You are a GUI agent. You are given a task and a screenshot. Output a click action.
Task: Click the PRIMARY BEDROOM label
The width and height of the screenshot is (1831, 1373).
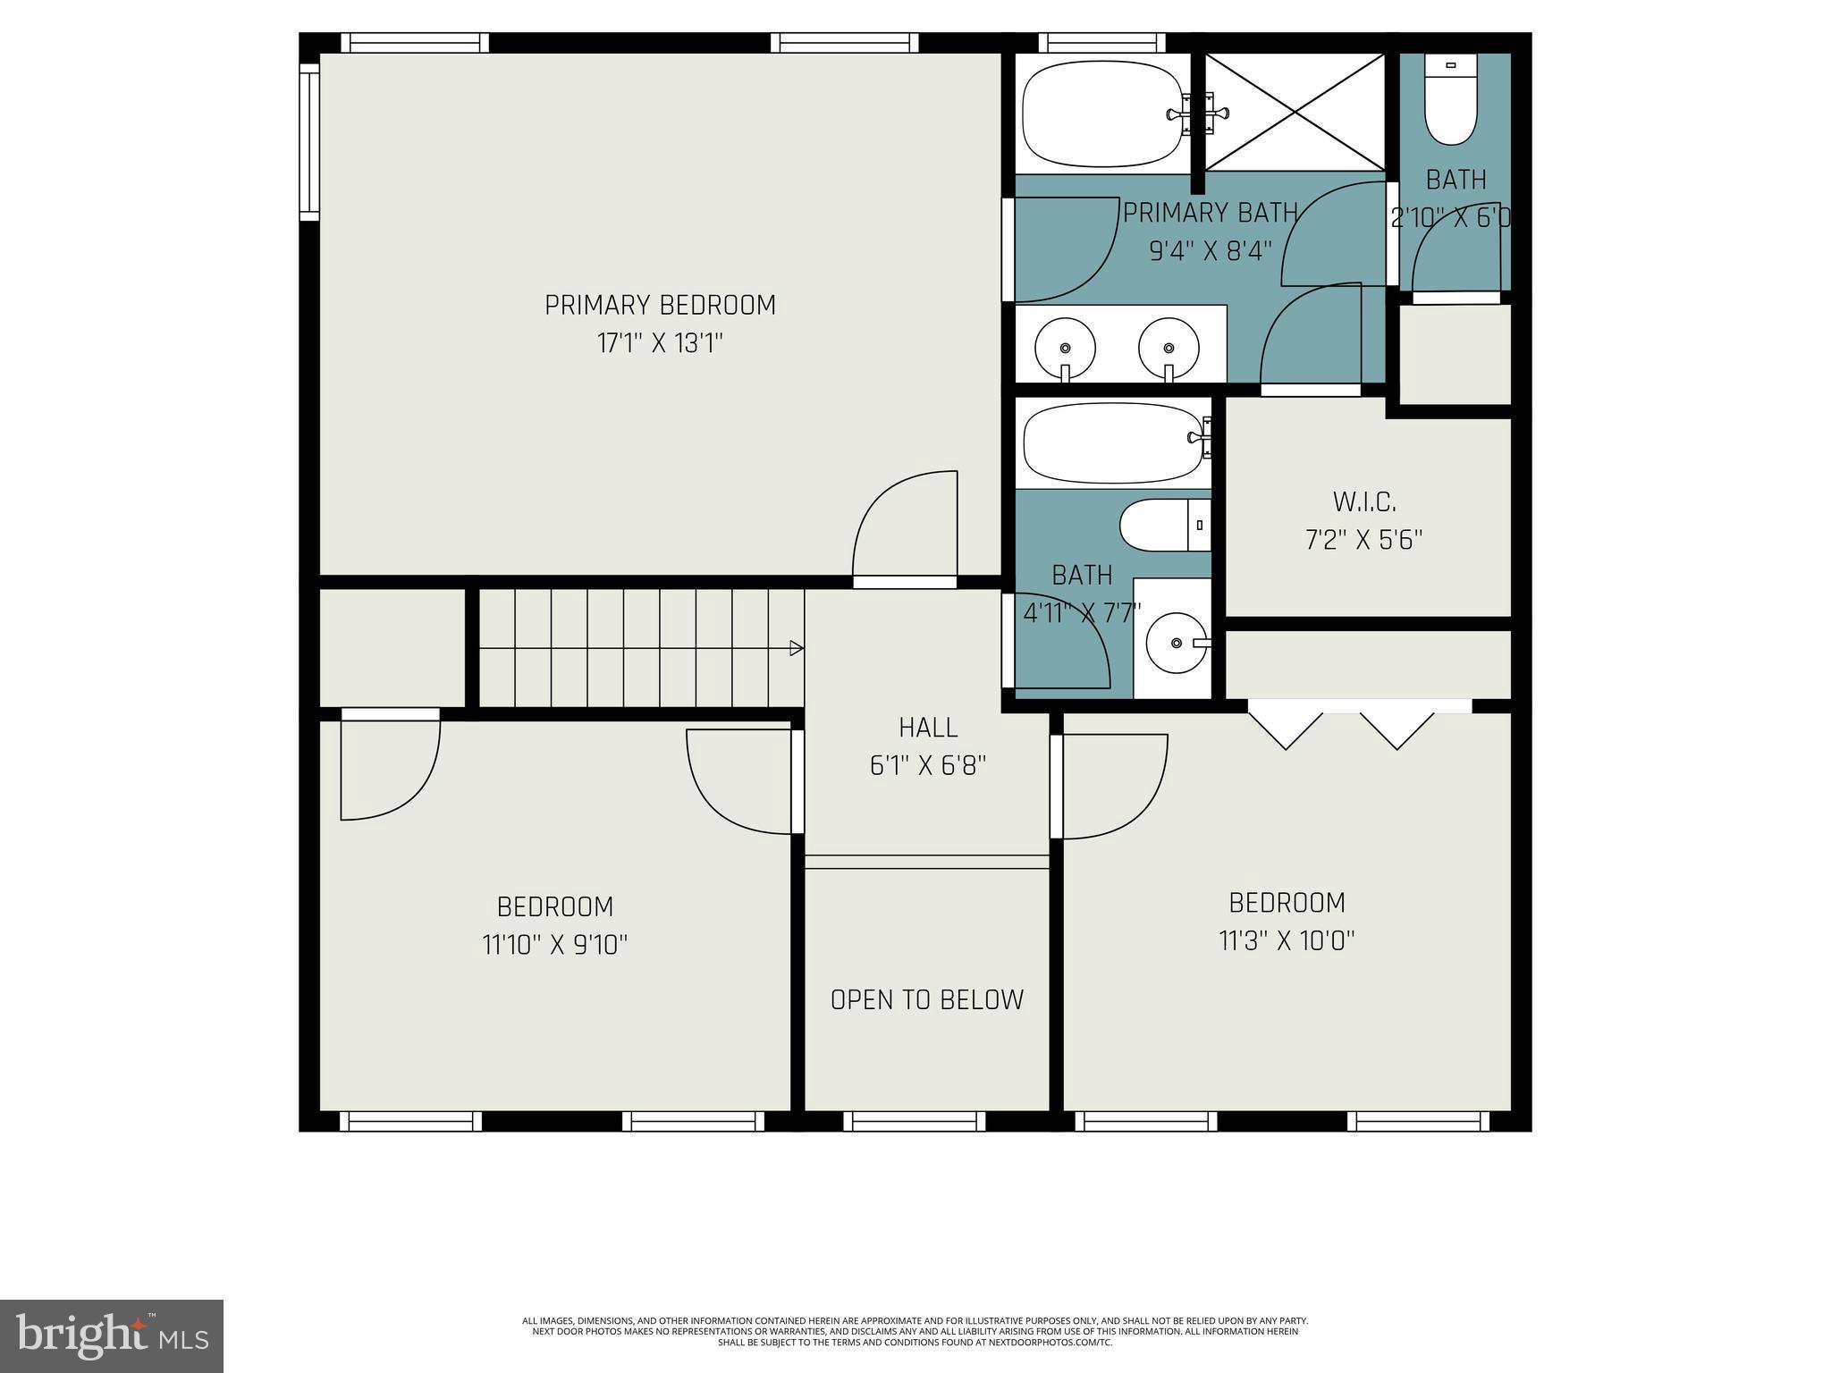click(x=660, y=306)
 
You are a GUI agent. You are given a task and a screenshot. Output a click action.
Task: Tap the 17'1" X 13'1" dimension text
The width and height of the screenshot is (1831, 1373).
click(x=660, y=344)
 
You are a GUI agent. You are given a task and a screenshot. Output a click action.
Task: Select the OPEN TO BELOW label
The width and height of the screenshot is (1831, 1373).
click(x=927, y=999)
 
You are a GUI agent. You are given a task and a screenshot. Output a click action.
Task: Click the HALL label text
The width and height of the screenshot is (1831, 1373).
click(x=928, y=728)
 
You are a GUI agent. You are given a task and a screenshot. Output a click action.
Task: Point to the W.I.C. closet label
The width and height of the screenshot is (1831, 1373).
click(x=1364, y=502)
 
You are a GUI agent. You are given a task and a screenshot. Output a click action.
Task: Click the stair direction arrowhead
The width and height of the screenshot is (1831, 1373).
click(x=797, y=649)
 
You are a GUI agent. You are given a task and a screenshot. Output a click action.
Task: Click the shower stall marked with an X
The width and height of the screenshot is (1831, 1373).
click(x=1295, y=112)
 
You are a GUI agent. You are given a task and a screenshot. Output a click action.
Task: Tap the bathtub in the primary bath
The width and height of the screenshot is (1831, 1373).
click(x=1102, y=114)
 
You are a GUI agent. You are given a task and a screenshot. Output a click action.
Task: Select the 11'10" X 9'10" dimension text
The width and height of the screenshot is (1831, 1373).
click(x=555, y=945)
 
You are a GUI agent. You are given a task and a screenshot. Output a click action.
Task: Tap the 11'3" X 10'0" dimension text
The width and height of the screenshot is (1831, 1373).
click(x=1287, y=941)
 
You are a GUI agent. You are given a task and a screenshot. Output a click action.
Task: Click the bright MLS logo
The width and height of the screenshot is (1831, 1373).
click(x=112, y=1335)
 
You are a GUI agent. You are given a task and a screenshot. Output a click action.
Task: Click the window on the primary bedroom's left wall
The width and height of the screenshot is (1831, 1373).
click(x=308, y=142)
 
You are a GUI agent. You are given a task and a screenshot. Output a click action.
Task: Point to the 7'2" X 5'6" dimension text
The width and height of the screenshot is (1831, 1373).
click(x=1364, y=541)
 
